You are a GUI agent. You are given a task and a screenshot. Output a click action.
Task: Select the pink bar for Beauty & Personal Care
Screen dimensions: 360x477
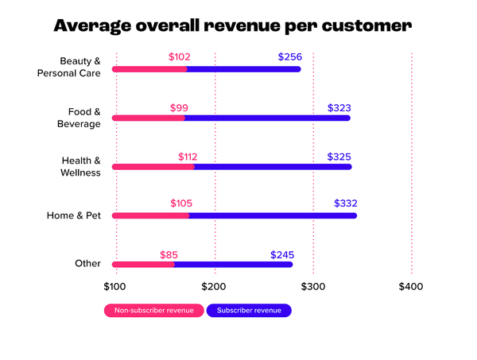tap(149, 69)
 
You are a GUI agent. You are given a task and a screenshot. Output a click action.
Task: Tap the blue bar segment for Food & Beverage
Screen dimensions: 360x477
tap(266, 118)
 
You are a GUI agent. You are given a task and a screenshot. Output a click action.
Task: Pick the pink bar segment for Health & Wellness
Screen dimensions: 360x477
tap(153, 167)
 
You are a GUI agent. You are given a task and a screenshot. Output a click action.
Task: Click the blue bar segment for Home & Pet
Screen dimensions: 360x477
tap(271, 215)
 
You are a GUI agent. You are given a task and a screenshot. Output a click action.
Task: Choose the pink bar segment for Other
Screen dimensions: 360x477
tap(143, 264)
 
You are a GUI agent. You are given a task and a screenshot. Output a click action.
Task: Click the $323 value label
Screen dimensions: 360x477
tap(339, 106)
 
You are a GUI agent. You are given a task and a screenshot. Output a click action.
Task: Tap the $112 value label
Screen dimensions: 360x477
tap(182, 155)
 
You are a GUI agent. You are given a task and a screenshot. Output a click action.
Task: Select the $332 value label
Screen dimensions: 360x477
tap(346, 203)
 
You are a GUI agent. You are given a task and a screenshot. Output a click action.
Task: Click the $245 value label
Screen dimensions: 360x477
tap(282, 254)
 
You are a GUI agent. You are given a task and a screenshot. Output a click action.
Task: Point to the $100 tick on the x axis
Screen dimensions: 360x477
tap(115, 285)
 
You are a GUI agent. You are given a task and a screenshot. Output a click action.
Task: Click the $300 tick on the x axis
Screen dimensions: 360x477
tap(313, 285)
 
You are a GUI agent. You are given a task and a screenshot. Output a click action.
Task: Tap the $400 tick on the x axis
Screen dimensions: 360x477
tap(411, 285)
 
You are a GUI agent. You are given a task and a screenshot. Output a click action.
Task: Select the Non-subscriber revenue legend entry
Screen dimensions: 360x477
tap(153, 310)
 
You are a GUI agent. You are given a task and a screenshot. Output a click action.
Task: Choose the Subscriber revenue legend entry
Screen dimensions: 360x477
tap(249, 310)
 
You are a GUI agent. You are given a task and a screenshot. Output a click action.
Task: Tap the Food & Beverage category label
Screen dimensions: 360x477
tap(79, 118)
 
